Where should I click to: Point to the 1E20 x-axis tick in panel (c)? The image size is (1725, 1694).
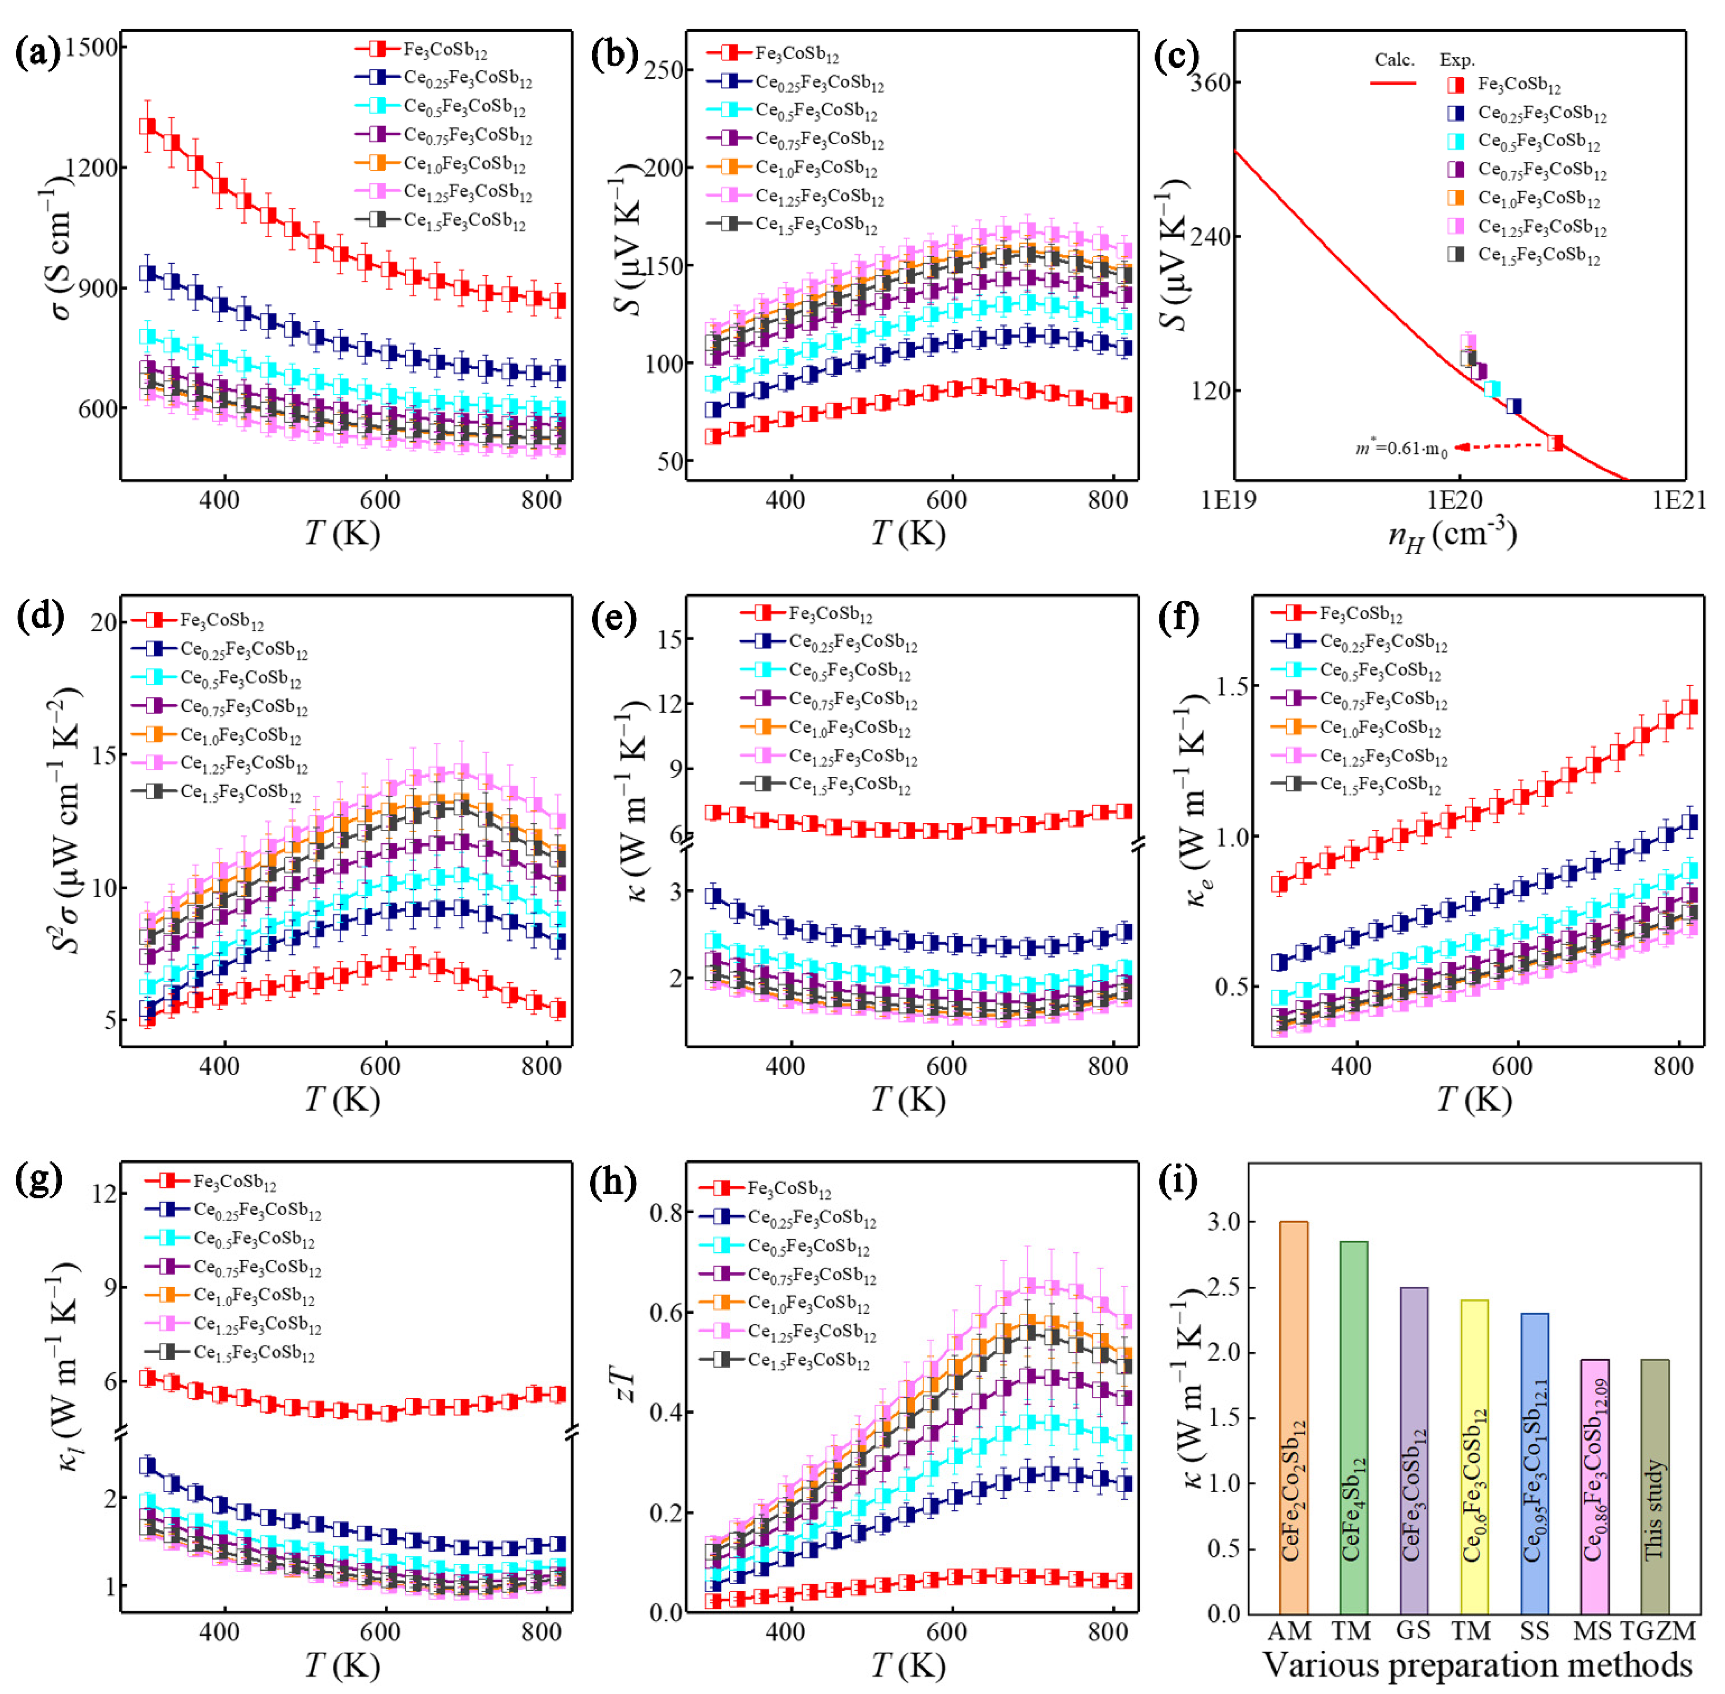[x=1455, y=501]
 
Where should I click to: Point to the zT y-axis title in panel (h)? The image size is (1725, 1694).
[x=627, y=1385]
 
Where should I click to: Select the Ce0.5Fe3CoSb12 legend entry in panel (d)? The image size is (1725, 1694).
[x=240, y=679]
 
